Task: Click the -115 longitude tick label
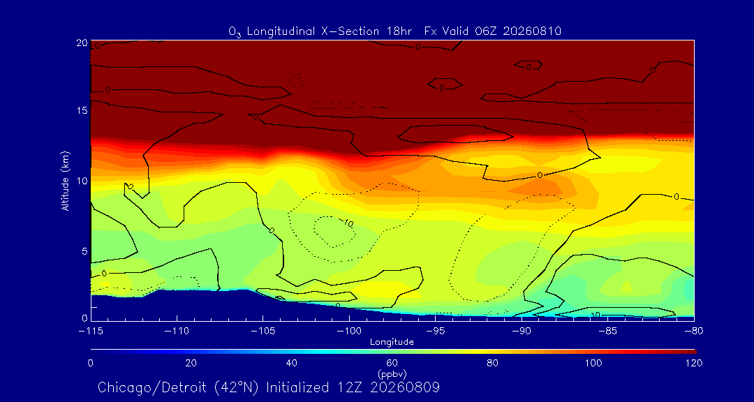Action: click(x=91, y=331)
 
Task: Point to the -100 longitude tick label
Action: click(x=349, y=331)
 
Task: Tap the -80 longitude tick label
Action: click(x=694, y=331)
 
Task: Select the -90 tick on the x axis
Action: click(x=522, y=331)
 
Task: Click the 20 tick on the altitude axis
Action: click(x=81, y=43)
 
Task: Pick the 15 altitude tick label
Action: click(x=81, y=110)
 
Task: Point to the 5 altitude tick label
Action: click(x=84, y=251)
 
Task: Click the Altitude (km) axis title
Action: click(x=65, y=181)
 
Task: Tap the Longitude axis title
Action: click(x=392, y=343)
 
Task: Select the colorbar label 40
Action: click(x=291, y=363)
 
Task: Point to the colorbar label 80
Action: click(x=492, y=363)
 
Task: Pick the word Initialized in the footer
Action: click(x=296, y=387)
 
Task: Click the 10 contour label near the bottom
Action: click(x=596, y=315)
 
